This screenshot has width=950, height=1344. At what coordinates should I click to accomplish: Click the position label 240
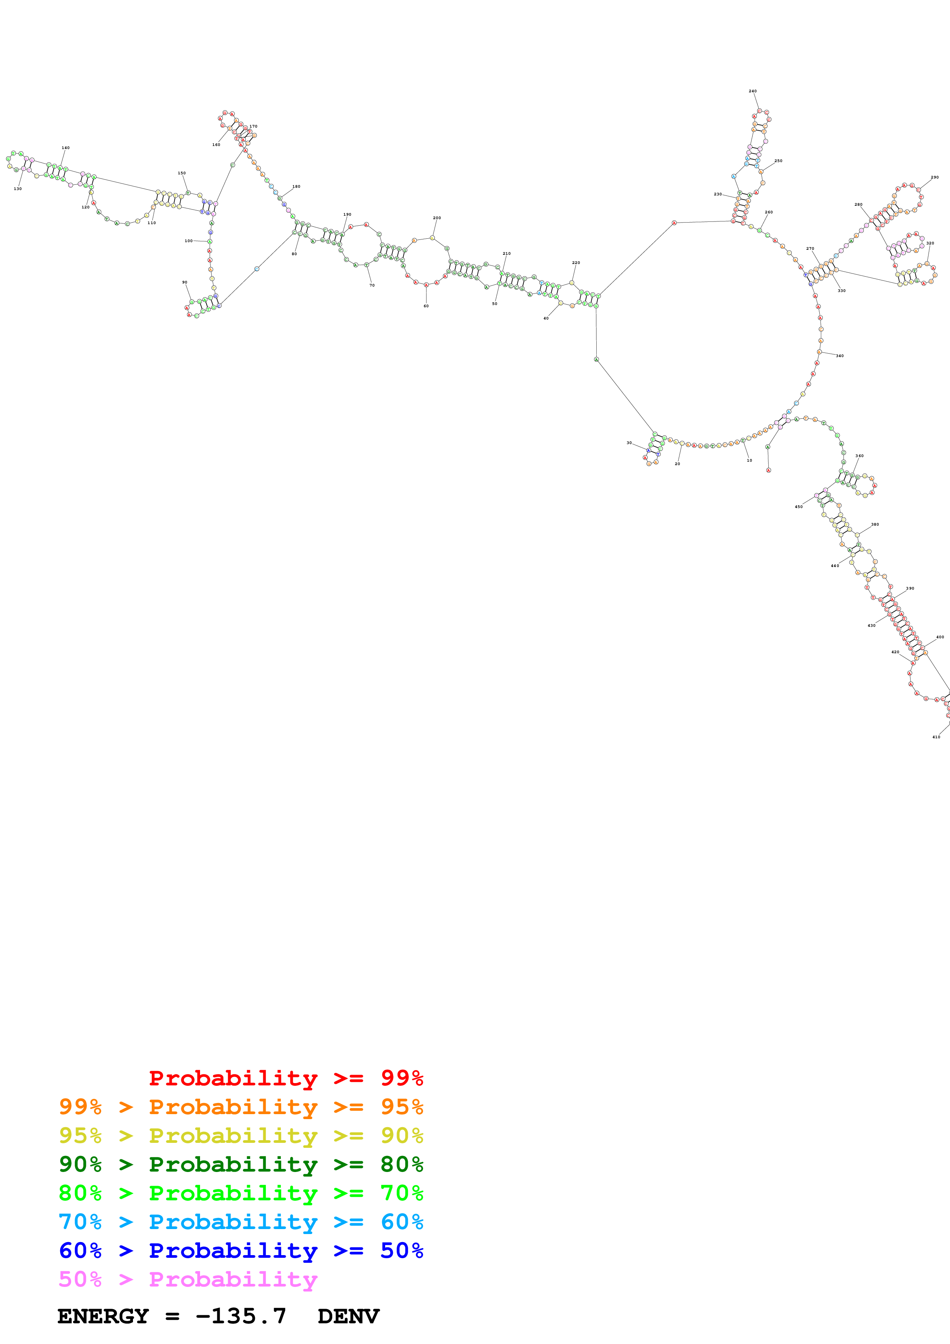[752, 91]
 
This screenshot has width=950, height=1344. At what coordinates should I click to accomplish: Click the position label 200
[436, 218]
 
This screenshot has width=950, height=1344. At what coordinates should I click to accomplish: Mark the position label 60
[426, 306]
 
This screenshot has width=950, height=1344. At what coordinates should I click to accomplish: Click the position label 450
[798, 507]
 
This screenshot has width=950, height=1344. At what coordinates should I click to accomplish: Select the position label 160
[216, 144]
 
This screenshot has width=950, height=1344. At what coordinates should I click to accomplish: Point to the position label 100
[189, 241]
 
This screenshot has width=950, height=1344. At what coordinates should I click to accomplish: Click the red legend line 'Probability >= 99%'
[285, 1078]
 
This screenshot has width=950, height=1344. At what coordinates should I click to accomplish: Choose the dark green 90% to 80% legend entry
[241, 1164]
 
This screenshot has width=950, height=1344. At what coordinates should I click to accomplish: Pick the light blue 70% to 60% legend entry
[241, 1222]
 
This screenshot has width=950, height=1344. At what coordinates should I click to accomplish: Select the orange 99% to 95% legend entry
[241, 1107]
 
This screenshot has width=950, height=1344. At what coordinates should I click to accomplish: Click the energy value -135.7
[241, 1316]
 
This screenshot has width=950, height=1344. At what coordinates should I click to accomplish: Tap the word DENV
[348, 1316]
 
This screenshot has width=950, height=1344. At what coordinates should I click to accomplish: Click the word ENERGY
[103, 1316]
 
